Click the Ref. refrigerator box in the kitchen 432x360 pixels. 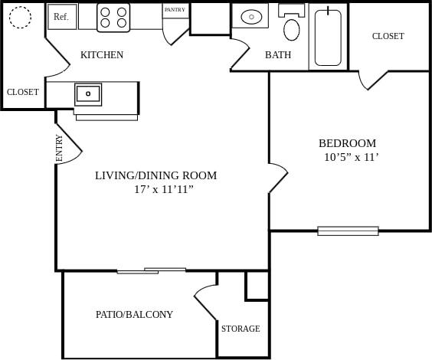(x=62, y=16)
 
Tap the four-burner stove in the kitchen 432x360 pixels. (x=113, y=17)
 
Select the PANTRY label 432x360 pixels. (x=175, y=10)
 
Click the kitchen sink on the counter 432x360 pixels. (x=88, y=94)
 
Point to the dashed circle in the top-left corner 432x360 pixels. (x=20, y=17)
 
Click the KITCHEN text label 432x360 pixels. (x=102, y=55)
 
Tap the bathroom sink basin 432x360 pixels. (x=250, y=16)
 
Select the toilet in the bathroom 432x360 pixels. (x=292, y=26)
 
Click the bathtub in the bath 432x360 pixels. (x=329, y=37)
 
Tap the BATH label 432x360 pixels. (x=278, y=55)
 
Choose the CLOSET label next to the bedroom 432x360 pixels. (x=388, y=36)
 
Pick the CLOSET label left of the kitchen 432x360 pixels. (x=23, y=92)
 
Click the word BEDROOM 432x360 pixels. (x=347, y=143)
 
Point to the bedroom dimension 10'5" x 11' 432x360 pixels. (x=352, y=158)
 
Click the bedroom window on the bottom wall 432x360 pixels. (x=348, y=231)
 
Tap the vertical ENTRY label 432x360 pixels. (x=60, y=148)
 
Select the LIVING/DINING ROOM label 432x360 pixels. (x=155, y=175)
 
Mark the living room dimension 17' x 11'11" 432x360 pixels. (x=164, y=189)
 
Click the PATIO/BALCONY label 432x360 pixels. (x=134, y=314)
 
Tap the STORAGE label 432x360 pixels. (x=241, y=329)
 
